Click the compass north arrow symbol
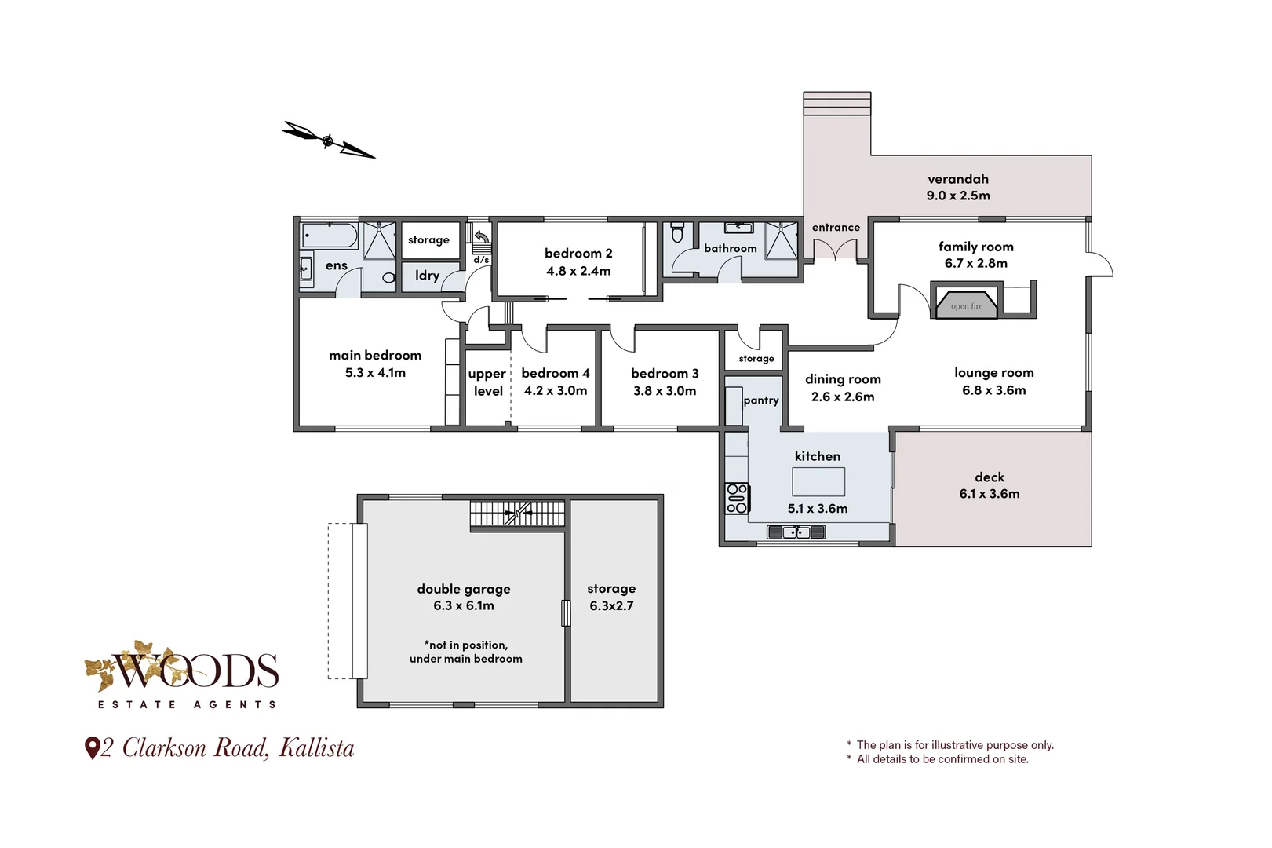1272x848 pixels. click(x=328, y=141)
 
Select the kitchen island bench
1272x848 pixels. click(x=818, y=481)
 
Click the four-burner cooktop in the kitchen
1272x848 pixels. click(x=736, y=499)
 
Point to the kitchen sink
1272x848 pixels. click(x=796, y=532)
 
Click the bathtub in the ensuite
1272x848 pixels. click(x=330, y=235)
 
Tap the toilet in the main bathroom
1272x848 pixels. click(x=678, y=233)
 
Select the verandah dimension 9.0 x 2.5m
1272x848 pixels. click(x=957, y=196)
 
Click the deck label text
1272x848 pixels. click(x=989, y=477)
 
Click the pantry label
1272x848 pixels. click(x=760, y=400)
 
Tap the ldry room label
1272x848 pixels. click(x=427, y=276)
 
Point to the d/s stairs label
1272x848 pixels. click(x=481, y=260)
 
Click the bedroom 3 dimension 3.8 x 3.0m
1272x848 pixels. click(x=664, y=391)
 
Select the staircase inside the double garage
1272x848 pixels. click(x=516, y=515)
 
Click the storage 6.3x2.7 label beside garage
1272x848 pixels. click(x=611, y=597)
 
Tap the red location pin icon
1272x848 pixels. click(x=92, y=747)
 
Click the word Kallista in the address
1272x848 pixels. click(x=316, y=747)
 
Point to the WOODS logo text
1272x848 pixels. click(x=196, y=671)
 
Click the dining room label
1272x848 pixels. click(x=842, y=379)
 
